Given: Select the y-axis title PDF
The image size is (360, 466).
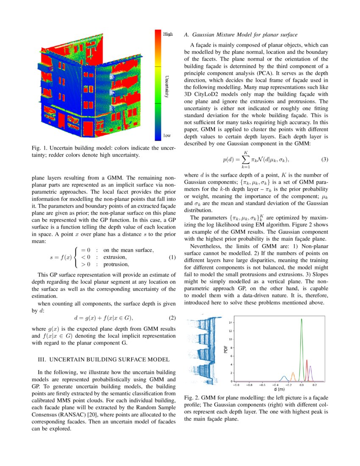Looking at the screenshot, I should tap(226, 349).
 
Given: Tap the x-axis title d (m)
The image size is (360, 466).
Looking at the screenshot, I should tap(279, 389).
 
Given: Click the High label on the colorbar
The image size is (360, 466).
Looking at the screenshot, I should tap(168, 34).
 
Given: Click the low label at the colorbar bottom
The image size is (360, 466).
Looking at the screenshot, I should tap(167, 136).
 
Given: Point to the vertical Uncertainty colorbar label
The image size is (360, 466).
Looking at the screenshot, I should tap(166, 85).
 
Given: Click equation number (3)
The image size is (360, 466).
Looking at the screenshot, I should tap(325, 159).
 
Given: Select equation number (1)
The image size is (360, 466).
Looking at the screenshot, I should tap(172, 258).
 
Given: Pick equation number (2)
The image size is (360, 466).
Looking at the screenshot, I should tap(172, 318).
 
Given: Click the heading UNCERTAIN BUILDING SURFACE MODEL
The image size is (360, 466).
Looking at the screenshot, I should tap(104, 360).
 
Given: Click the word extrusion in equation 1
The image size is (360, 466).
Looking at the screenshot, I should tap(115, 258).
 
